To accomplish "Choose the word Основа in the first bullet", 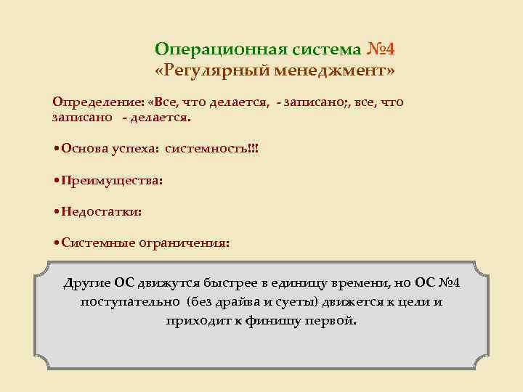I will (86, 148).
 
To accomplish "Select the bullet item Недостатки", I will (102, 212).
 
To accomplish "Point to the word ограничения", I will (191, 244).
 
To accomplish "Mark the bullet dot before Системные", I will (57, 244).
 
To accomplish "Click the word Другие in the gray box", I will (87, 282).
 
